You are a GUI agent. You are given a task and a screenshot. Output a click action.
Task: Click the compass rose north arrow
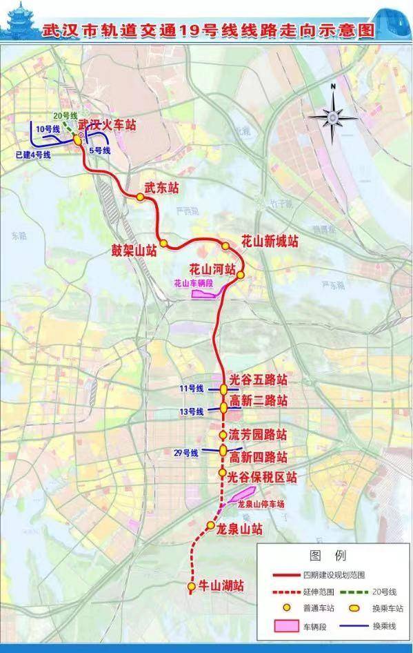(x=332, y=115)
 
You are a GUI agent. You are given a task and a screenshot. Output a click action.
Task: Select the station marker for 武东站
(x=140, y=197)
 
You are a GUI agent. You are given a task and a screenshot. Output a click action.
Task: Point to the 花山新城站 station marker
(x=225, y=246)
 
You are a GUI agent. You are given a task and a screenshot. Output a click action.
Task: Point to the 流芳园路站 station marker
(x=223, y=435)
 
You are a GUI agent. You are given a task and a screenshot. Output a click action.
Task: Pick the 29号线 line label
(x=186, y=453)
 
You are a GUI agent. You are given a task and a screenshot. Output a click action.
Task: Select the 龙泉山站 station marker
(x=210, y=527)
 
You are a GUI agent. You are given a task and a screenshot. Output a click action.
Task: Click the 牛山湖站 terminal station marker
(x=191, y=587)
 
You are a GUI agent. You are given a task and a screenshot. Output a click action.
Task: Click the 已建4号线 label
(x=32, y=155)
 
